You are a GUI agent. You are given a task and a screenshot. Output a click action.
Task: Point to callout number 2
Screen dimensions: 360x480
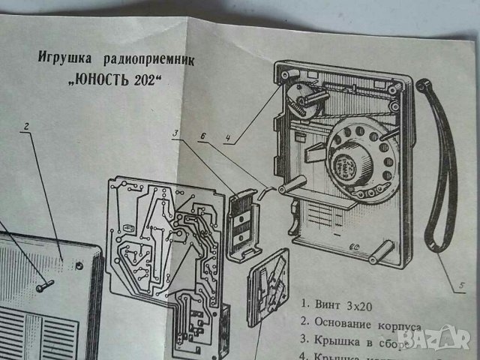[25, 127]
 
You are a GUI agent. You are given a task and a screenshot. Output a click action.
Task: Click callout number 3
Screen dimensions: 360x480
[174, 134]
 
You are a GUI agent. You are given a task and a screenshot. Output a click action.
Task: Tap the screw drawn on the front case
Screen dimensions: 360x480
[44, 284]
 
